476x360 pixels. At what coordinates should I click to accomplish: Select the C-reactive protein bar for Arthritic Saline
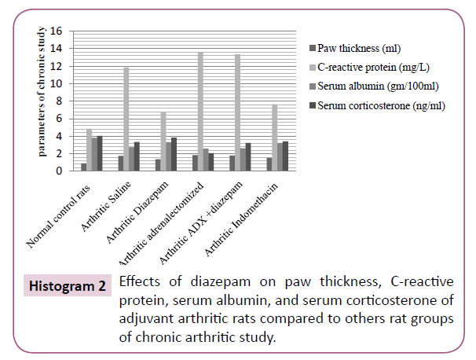126,119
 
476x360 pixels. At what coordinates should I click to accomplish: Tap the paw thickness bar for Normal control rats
83,167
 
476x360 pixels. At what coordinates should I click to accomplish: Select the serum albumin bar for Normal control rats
95,154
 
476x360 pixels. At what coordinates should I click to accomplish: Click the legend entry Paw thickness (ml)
362,50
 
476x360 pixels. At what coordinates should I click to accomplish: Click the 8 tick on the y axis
57,101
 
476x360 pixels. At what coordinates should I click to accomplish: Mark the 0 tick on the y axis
57,171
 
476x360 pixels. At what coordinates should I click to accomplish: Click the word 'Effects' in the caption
141,282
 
